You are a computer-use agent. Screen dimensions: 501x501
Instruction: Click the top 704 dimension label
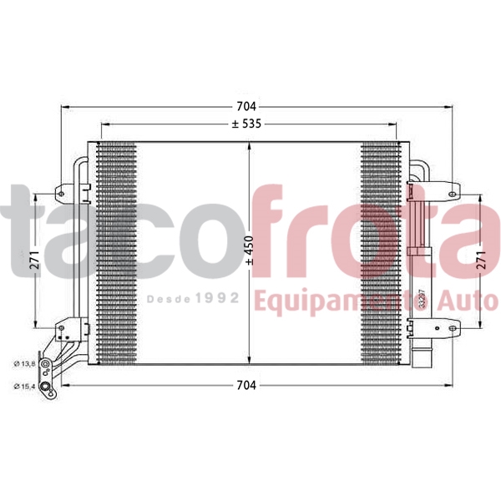pos(245,107)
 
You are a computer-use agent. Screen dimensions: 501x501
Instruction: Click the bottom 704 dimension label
pos(245,386)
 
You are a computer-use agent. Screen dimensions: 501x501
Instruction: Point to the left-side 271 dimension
pos(34,261)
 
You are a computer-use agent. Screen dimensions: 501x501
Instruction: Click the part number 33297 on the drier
pos(422,298)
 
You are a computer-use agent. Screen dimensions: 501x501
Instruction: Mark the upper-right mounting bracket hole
pos(452,195)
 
